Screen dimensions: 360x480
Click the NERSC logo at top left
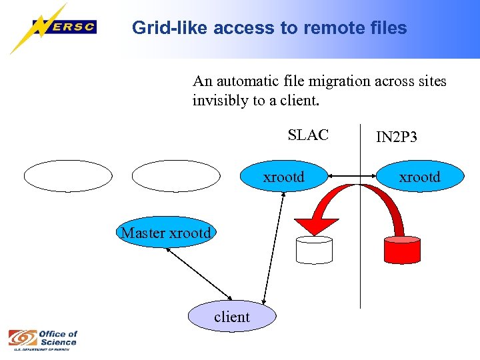pyautogui.click(x=53, y=28)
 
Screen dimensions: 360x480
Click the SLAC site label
pyautogui.click(x=308, y=135)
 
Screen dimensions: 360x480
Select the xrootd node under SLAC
pyautogui.click(x=283, y=177)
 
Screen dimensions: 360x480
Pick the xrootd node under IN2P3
pyautogui.click(x=419, y=177)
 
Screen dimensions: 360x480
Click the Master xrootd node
pyautogui.click(x=166, y=233)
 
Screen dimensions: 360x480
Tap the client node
pyautogui.click(x=232, y=317)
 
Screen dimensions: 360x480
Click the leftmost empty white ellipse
pyautogui.click(x=68, y=176)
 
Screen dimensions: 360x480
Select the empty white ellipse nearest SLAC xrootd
pyautogui.click(x=175, y=176)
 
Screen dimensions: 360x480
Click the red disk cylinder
pyautogui.click(x=401, y=249)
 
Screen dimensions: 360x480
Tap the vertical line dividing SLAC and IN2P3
pyautogui.click(x=360, y=267)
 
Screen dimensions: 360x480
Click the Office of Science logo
pyautogui.click(x=43, y=339)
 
